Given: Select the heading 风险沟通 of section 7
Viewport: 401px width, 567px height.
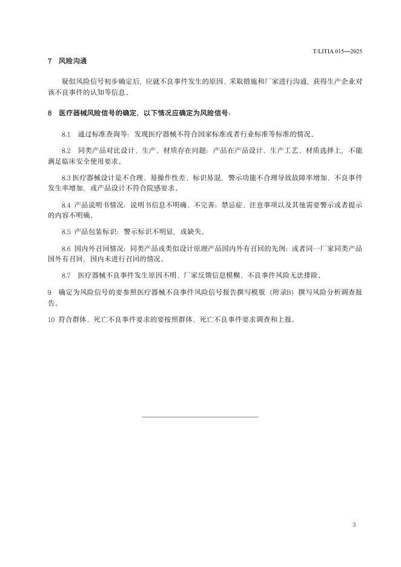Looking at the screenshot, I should point(73,62).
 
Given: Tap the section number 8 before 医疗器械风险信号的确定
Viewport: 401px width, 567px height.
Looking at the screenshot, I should point(49,113).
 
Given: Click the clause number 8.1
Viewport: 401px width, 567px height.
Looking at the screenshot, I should point(66,134).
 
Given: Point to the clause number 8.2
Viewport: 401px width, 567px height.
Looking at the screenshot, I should point(66,149).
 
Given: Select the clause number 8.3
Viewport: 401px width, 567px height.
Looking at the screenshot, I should point(66,177).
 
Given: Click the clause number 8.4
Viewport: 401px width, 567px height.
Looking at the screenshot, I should point(66,205).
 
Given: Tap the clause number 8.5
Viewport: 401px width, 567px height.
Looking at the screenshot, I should point(66,232).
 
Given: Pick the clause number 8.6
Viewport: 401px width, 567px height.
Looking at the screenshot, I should point(66,248).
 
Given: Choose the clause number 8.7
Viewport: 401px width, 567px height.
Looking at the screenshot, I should point(66,276).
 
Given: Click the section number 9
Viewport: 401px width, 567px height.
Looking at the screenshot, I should point(49,292).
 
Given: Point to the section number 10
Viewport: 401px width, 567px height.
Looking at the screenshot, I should point(51,319).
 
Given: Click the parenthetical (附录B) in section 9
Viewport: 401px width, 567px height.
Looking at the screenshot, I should point(259,292).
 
